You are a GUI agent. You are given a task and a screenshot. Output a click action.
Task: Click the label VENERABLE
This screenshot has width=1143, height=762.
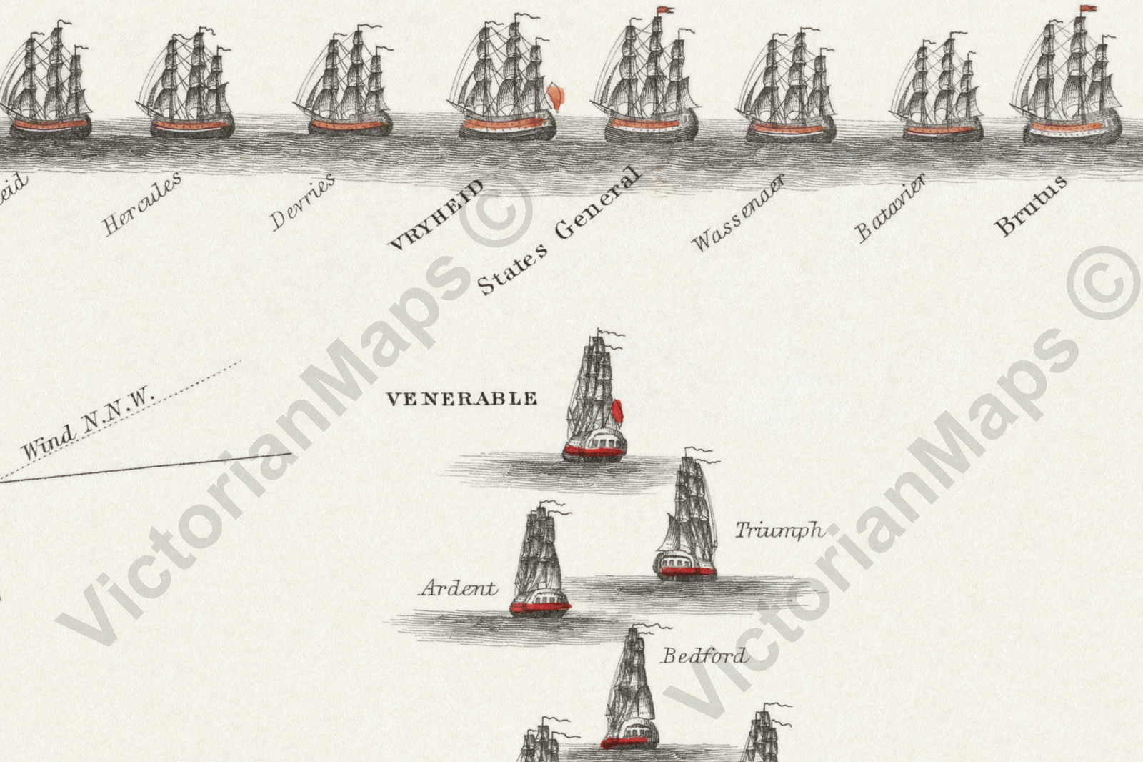(461, 398)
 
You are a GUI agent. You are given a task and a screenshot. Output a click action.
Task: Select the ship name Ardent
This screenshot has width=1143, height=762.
(459, 588)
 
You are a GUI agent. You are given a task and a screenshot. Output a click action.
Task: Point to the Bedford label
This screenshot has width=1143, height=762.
(703, 655)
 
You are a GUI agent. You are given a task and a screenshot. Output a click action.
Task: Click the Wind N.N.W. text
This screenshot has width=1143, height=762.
(89, 425)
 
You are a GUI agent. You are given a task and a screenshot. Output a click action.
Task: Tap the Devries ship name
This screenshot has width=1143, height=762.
(303, 202)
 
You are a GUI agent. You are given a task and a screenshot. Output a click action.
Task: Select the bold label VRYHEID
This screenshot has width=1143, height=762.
(435, 214)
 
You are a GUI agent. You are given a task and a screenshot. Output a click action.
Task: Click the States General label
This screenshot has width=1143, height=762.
(558, 230)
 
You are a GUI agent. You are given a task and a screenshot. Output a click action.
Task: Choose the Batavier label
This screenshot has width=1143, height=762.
(891, 208)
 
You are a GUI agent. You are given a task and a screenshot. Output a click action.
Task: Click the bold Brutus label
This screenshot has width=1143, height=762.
(1031, 204)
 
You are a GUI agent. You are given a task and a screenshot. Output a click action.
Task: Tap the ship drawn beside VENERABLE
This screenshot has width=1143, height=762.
(594, 400)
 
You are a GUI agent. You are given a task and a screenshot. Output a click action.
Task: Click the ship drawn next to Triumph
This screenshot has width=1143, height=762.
(687, 518)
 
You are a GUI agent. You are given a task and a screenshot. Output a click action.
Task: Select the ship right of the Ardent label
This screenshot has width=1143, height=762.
(540, 565)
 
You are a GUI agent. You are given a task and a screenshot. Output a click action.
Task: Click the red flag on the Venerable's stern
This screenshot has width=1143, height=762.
(618, 412)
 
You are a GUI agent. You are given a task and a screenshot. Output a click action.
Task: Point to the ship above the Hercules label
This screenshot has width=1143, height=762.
(191, 86)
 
